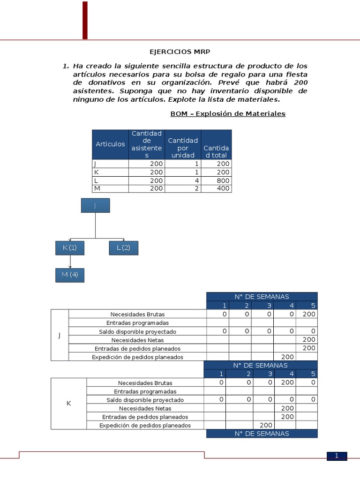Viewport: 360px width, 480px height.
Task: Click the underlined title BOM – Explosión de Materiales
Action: [x=228, y=113]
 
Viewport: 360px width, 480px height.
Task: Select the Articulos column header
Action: [x=110, y=144]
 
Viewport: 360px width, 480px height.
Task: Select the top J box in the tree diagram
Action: [x=95, y=205]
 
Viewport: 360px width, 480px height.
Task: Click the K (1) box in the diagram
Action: [x=70, y=247]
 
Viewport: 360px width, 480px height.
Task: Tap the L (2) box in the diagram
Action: [x=123, y=247]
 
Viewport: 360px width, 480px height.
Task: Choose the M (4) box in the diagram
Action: [x=70, y=275]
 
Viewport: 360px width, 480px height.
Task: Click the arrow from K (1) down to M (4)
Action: [x=70, y=262]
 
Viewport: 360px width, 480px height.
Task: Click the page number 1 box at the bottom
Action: [x=337, y=456]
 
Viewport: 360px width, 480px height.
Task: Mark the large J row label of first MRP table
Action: [x=60, y=335]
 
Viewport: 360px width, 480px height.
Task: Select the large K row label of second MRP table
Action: [x=68, y=404]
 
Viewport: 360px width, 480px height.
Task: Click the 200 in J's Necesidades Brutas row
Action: [x=309, y=314]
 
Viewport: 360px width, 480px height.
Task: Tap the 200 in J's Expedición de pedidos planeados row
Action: [x=287, y=357]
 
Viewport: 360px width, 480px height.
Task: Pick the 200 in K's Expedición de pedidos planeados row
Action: [x=266, y=425]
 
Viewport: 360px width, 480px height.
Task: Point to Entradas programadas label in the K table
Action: [x=145, y=391]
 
